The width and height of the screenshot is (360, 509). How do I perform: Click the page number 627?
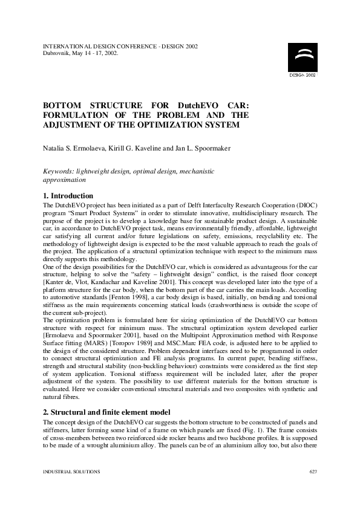click(313, 471)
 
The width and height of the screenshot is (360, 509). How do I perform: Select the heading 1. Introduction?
click(68, 196)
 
